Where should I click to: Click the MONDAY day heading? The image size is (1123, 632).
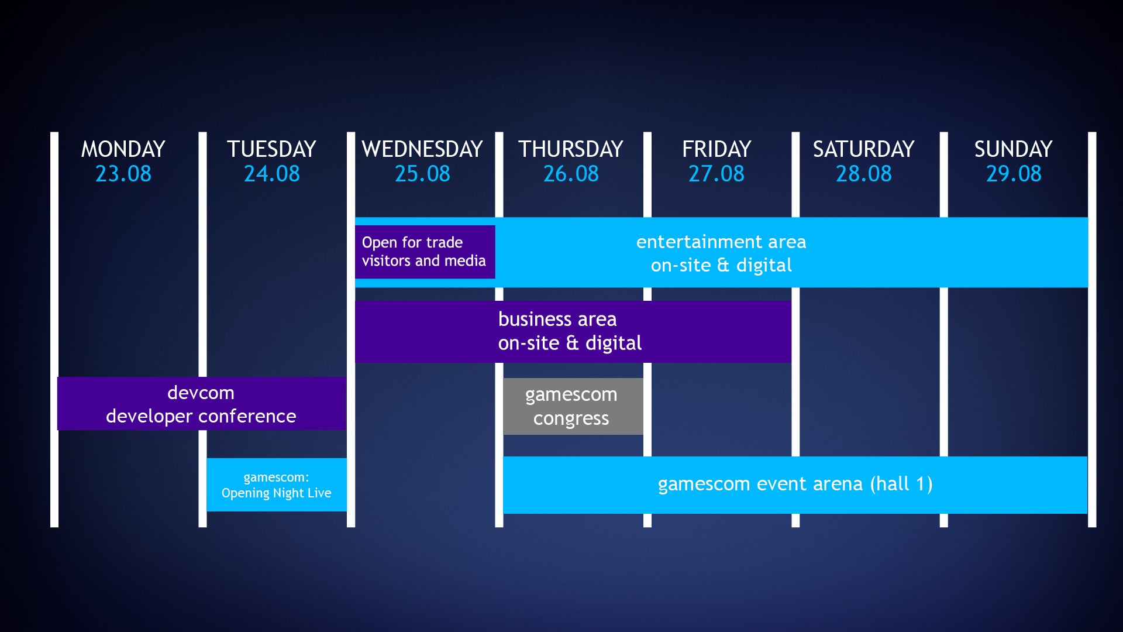(x=123, y=149)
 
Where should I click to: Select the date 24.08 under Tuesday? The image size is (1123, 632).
(x=271, y=174)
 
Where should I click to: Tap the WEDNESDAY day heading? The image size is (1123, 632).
(x=422, y=149)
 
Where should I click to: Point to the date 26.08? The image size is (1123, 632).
(x=571, y=174)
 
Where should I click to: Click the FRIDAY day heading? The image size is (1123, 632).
(x=716, y=149)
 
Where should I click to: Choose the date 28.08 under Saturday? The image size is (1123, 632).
(x=863, y=174)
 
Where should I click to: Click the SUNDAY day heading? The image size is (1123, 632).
(x=1013, y=149)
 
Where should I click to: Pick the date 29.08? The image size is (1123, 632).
(x=1014, y=174)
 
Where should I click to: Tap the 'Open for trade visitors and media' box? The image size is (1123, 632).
(x=425, y=252)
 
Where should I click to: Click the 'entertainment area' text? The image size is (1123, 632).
(x=721, y=242)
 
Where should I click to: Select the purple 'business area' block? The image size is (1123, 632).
(x=573, y=332)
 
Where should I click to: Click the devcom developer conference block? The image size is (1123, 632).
(x=202, y=403)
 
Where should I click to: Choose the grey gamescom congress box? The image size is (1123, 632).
(x=573, y=406)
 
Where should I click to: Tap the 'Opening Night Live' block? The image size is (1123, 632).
(x=277, y=485)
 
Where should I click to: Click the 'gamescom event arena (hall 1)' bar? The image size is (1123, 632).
(x=795, y=485)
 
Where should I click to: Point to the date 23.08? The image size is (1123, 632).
(x=123, y=174)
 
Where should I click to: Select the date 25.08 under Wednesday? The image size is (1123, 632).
(x=422, y=174)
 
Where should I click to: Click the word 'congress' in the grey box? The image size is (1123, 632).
(x=571, y=419)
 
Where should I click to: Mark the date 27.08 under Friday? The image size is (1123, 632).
(x=716, y=174)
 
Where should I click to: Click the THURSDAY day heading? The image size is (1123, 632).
(x=571, y=149)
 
